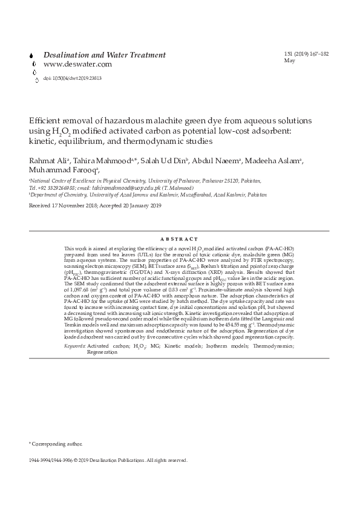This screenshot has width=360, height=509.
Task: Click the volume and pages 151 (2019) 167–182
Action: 306,54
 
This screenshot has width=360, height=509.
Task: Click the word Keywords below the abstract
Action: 74,345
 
